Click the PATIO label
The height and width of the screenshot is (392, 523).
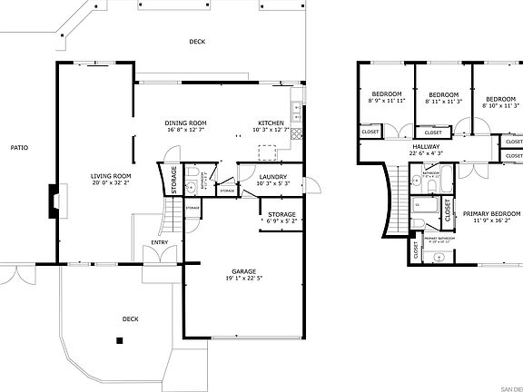point(18,147)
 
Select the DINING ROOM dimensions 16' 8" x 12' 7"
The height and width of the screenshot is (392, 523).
point(185,130)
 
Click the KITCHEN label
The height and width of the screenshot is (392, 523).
point(271,122)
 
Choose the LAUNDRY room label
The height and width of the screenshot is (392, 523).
point(272,177)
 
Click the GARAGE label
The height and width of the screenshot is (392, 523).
point(242,271)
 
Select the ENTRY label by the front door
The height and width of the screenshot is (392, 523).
point(159,242)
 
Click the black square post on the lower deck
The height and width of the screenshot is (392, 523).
point(118,340)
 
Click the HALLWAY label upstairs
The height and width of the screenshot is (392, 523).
point(426,146)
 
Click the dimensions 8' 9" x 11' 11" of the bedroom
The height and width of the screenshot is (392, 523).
point(387,101)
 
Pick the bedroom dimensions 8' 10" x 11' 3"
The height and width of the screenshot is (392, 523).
point(499,105)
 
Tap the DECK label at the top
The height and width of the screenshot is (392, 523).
point(197,42)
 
